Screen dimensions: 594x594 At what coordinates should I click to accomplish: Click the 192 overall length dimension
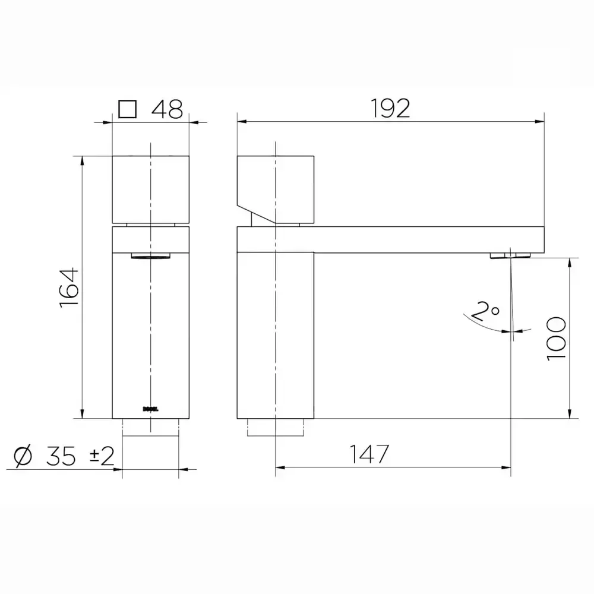390,109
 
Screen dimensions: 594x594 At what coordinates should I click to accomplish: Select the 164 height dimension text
69,287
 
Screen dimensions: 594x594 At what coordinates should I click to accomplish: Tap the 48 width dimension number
167,109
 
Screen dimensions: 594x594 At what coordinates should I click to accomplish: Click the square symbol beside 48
127,109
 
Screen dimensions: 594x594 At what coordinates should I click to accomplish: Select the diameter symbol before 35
24,456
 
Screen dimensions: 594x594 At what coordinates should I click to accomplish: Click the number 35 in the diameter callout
62,456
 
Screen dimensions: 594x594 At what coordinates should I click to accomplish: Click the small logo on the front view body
150,408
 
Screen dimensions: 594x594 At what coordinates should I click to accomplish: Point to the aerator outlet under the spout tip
510,255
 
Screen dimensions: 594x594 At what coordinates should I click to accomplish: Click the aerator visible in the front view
150,256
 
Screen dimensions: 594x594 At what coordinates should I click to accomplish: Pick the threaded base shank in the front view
150,427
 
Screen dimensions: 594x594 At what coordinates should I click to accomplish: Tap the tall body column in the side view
275,333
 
